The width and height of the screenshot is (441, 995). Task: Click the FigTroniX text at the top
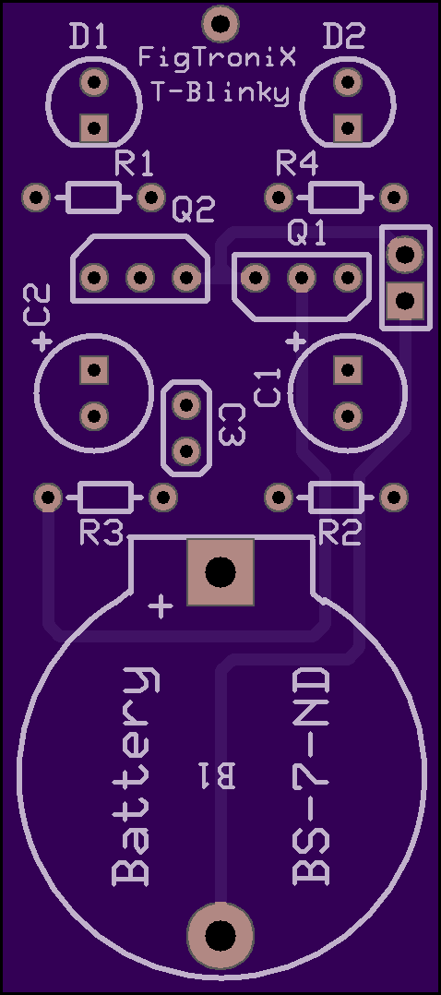coord(218,60)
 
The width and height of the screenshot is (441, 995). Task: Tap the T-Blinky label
coord(220,93)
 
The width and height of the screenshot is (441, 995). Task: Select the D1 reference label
coord(89,39)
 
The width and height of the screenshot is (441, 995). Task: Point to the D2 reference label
coord(344,39)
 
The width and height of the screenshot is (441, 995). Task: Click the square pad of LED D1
coord(94,128)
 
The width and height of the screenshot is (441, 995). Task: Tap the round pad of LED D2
coord(347,82)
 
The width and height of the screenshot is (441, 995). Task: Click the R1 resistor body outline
coord(93,198)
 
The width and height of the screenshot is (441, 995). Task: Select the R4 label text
coord(297,165)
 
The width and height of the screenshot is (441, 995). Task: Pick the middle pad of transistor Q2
coord(139,277)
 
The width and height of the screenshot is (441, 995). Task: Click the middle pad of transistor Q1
coord(302,277)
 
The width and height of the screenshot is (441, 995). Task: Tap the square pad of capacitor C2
coord(94,369)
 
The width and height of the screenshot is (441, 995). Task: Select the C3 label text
coord(232,426)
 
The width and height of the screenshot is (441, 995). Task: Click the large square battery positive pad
coord(220,572)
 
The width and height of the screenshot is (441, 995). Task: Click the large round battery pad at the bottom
coord(220,935)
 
